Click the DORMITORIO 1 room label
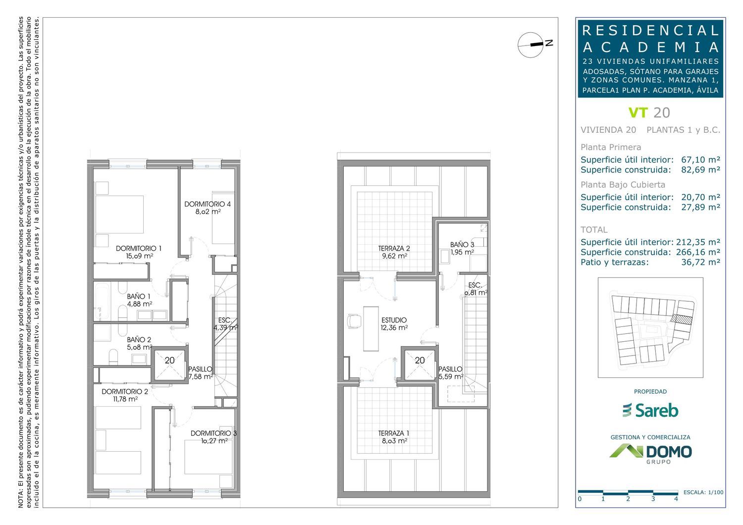tap(139, 249)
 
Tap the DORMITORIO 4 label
tap(208, 204)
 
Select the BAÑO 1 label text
tap(136, 297)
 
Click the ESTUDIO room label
tap(394, 320)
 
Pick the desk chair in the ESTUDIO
tap(354, 321)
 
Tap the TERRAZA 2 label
tap(394, 249)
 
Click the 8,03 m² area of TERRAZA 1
tap(394, 441)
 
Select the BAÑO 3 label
tap(462, 245)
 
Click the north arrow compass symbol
tap(531, 45)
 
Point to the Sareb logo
tap(650, 410)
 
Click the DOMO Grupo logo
tap(650, 453)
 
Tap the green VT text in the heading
tap(638, 113)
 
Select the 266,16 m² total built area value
tap(698, 252)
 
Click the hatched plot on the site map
tap(681, 319)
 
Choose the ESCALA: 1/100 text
tap(703, 492)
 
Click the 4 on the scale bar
tap(676, 499)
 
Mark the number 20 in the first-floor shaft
tap(170, 360)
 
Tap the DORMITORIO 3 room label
tap(213, 433)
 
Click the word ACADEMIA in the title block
tap(650, 48)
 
